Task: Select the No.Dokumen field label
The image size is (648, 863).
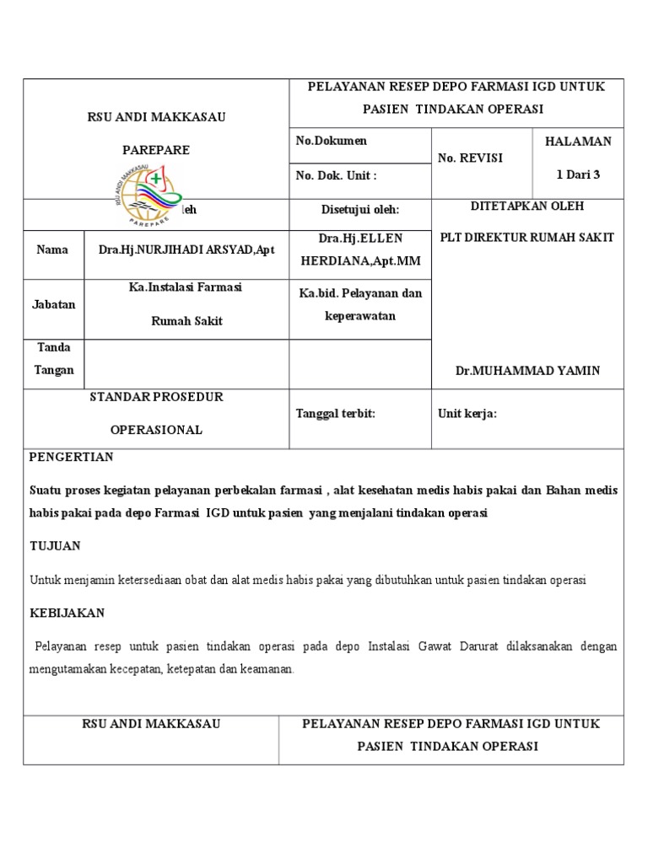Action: point(331,141)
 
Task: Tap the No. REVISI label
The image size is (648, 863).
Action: point(469,158)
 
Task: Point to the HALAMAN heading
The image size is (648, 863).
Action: point(578,142)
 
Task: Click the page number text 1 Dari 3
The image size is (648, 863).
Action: point(578,174)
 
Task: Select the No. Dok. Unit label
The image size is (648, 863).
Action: point(336,175)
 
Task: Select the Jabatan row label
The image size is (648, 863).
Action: point(54,304)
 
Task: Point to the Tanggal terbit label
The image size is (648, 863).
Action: point(335,413)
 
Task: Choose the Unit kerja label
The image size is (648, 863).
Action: point(467,413)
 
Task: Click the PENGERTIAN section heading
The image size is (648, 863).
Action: point(72,457)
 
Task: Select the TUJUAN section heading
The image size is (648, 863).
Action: point(56,545)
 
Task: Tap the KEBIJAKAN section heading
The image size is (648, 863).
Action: point(67,613)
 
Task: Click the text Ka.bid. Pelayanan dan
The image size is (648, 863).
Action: point(360,292)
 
